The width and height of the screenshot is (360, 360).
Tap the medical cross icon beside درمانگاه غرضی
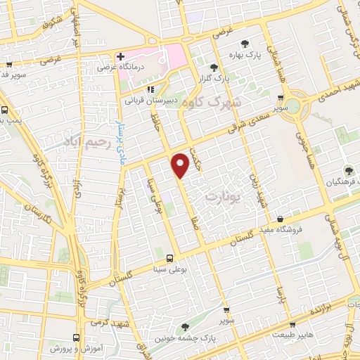[x=121, y=56]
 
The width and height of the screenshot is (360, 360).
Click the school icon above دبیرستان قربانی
[x=150, y=90]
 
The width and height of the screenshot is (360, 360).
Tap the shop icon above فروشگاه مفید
[x=281, y=219]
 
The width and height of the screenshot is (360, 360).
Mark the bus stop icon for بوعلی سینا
[x=169, y=257]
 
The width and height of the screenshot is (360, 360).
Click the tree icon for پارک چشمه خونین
[x=185, y=326]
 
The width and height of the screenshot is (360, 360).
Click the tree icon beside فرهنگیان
[x=347, y=169]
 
